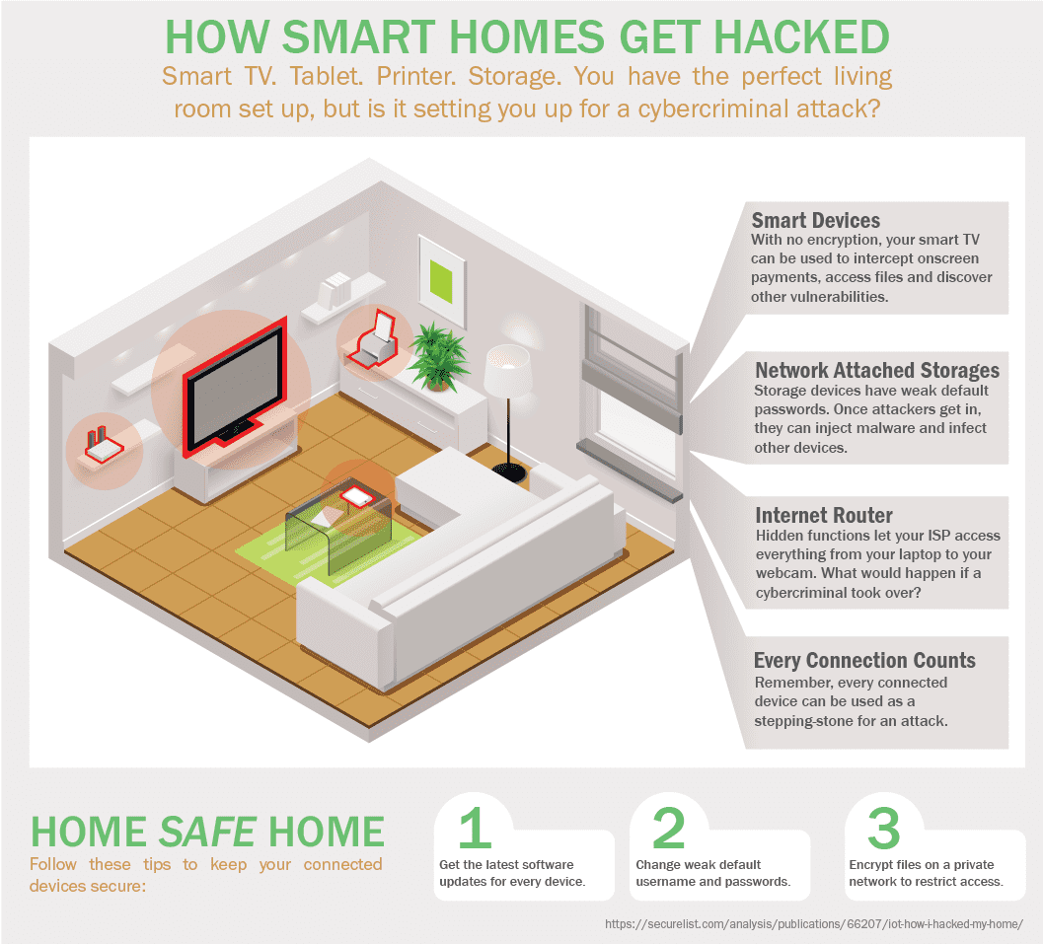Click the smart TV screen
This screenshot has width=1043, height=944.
click(x=236, y=385)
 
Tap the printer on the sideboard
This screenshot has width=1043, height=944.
click(x=375, y=340)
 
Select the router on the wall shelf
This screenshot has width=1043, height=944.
click(x=104, y=446)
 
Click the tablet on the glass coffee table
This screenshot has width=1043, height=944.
click(x=356, y=496)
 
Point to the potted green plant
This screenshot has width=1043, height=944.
click(x=438, y=356)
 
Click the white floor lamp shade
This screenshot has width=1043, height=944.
click(x=507, y=370)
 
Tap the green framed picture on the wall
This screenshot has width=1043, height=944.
click(x=441, y=280)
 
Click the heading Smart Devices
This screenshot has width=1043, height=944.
click(x=815, y=220)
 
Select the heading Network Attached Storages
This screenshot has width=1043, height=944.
click(x=877, y=370)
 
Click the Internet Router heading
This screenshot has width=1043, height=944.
click(x=824, y=515)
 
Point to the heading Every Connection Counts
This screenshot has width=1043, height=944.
click(x=864, y=660)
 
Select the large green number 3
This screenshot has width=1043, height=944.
click(x=883, y=828)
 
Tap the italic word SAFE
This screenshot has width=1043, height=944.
click(x=207, y=832)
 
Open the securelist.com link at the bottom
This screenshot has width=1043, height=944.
click(x=814, y=924)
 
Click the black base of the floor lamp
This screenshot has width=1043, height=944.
click(x=509, y=472)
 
